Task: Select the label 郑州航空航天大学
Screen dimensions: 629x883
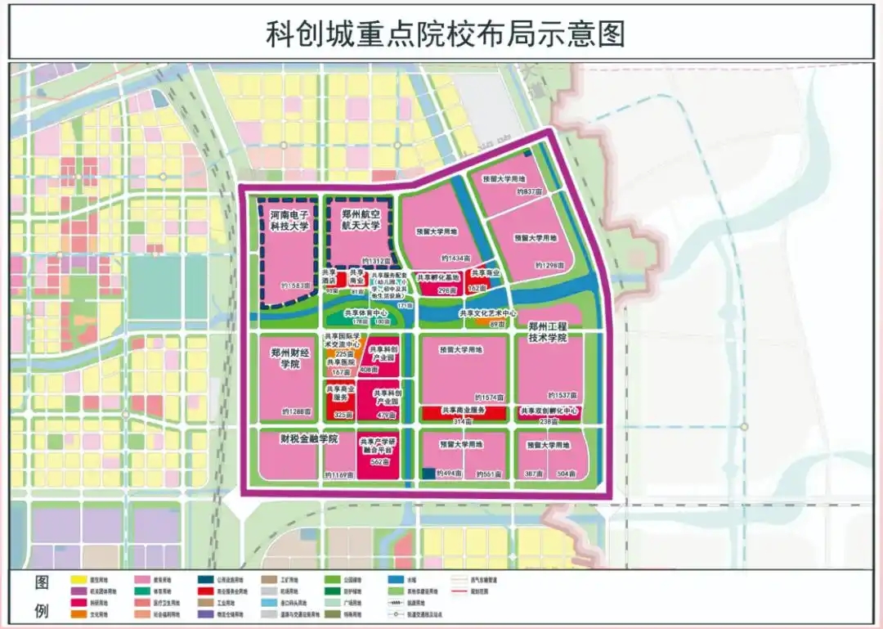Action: (x=361, y=222)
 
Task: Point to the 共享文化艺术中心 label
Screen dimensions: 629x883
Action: (x=488, y=313)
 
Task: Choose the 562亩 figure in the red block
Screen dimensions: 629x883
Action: (x=379, y=462)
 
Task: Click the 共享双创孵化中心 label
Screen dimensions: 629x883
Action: (x=549, y=410)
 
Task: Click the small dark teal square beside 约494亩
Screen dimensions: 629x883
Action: (x=428, y=473)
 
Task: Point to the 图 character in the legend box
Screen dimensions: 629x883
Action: (x=43, y=583)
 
